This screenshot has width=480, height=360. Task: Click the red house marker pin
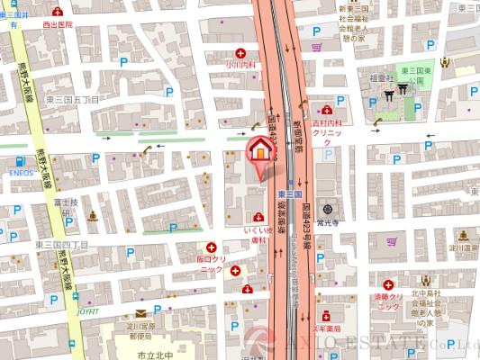pos(258,150)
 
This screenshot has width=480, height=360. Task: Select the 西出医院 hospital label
pos(58,25)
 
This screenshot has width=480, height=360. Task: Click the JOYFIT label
pos(88,311)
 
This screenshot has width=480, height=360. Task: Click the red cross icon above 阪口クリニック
pos(213,247)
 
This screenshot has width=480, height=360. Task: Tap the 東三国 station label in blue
pos(289,195)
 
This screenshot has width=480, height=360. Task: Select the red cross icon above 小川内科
pos(240,53)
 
